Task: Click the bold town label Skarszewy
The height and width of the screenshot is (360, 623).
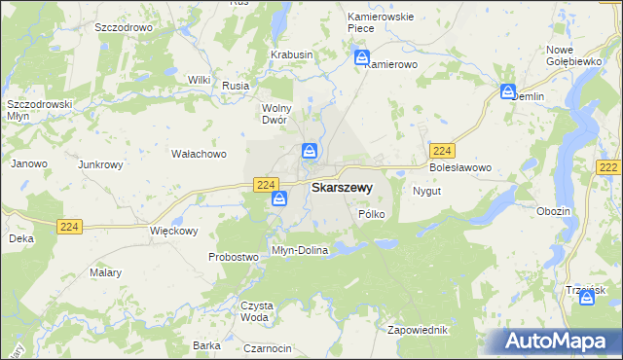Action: click(x=341, y=187)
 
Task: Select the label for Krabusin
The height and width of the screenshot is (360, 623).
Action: click(x=292, y=55)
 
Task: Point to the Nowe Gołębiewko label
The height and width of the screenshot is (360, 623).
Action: click(x=571, y=55)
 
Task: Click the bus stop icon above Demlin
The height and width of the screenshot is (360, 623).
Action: click(x=508, y=91)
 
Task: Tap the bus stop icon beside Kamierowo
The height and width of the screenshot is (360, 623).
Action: click(x=362, y=56)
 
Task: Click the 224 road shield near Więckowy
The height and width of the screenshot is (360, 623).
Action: click(x=70, y=227)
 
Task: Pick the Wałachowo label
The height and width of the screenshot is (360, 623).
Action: click(x=199, y=154)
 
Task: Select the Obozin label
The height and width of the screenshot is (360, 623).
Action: click(x=553, y=211)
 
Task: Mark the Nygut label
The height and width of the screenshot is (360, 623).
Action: click(x=427, y=191)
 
